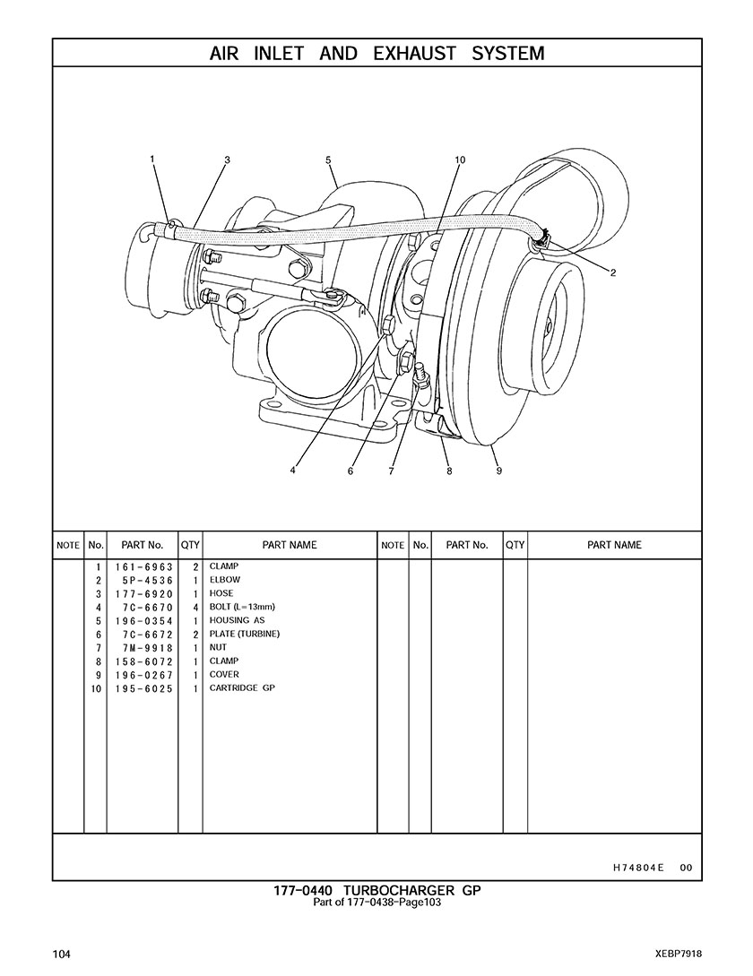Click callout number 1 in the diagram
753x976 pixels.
[152, 160]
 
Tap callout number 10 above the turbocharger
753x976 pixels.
[460, 160]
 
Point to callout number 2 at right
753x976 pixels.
[613, 273]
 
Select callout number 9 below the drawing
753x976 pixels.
[498, 471]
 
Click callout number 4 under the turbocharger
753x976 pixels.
[293, 471]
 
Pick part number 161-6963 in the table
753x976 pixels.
[143, 567]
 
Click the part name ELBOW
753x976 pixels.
[224, 581]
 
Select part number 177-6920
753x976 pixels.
[143, 594]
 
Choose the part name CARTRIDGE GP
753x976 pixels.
[242, 688]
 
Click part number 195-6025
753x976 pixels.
[143, 688]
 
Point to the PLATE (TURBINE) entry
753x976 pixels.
[245, 635]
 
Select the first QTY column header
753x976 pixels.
[190, 545]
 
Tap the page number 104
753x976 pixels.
[62, 953]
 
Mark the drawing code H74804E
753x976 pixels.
[638, 868]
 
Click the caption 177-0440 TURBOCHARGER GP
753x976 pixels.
[377, 891]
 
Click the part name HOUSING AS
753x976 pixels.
[237, 621]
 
